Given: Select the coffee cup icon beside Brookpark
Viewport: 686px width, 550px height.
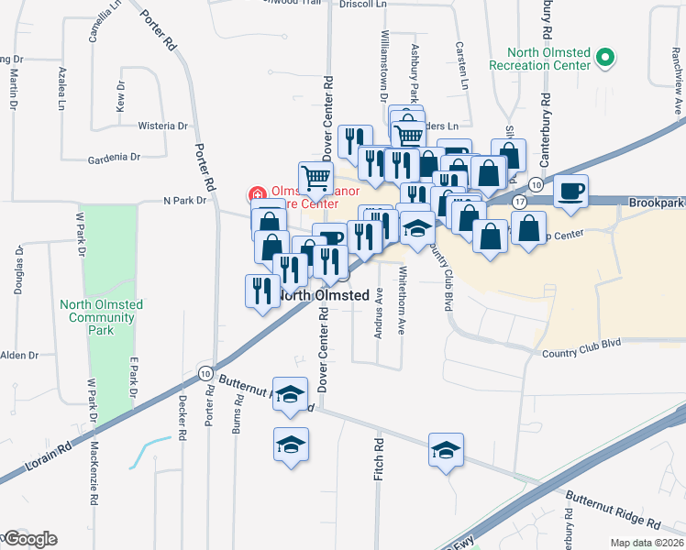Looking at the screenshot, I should tap(570, 191).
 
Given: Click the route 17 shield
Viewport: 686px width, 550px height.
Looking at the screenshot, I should tap(520, 201).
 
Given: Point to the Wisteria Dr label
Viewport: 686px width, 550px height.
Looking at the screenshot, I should tap(162, 126).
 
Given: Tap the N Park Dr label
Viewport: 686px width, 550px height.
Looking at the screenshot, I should tap(185, 200).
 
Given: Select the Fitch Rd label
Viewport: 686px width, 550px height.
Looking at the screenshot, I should tap(378, 456).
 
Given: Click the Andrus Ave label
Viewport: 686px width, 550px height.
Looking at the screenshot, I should tap(379, 313).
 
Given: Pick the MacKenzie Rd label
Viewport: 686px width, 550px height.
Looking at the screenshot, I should tap(95, 473).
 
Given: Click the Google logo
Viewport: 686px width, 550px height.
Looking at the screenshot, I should tap(30, 539).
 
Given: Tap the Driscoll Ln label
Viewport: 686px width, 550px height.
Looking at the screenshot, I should tap(364, 5).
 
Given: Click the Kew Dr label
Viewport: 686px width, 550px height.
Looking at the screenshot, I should tap(120, 96).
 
